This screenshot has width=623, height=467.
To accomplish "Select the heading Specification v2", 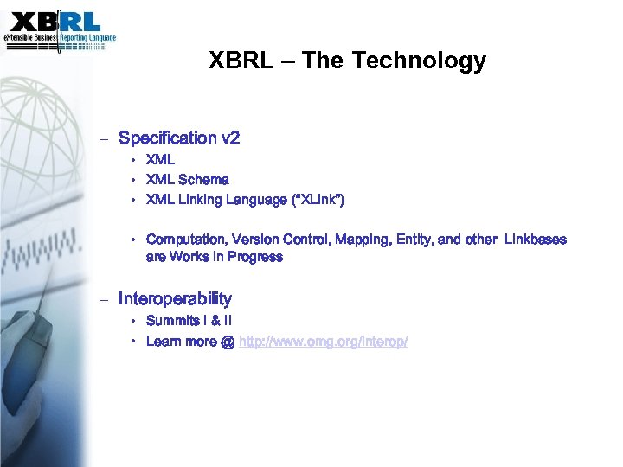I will click(179, 138).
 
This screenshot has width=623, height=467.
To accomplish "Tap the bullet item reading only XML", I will click(160, 160).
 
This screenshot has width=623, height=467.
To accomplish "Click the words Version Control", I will click(284, 240).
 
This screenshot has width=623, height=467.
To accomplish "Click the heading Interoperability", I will click(175, 298).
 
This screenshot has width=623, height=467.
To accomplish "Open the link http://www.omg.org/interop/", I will click(323, 342).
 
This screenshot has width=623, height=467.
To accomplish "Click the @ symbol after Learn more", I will click(227, 342).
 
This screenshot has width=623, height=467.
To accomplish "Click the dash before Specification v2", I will click(103, 138).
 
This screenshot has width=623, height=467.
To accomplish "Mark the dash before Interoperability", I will click(103, 299).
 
